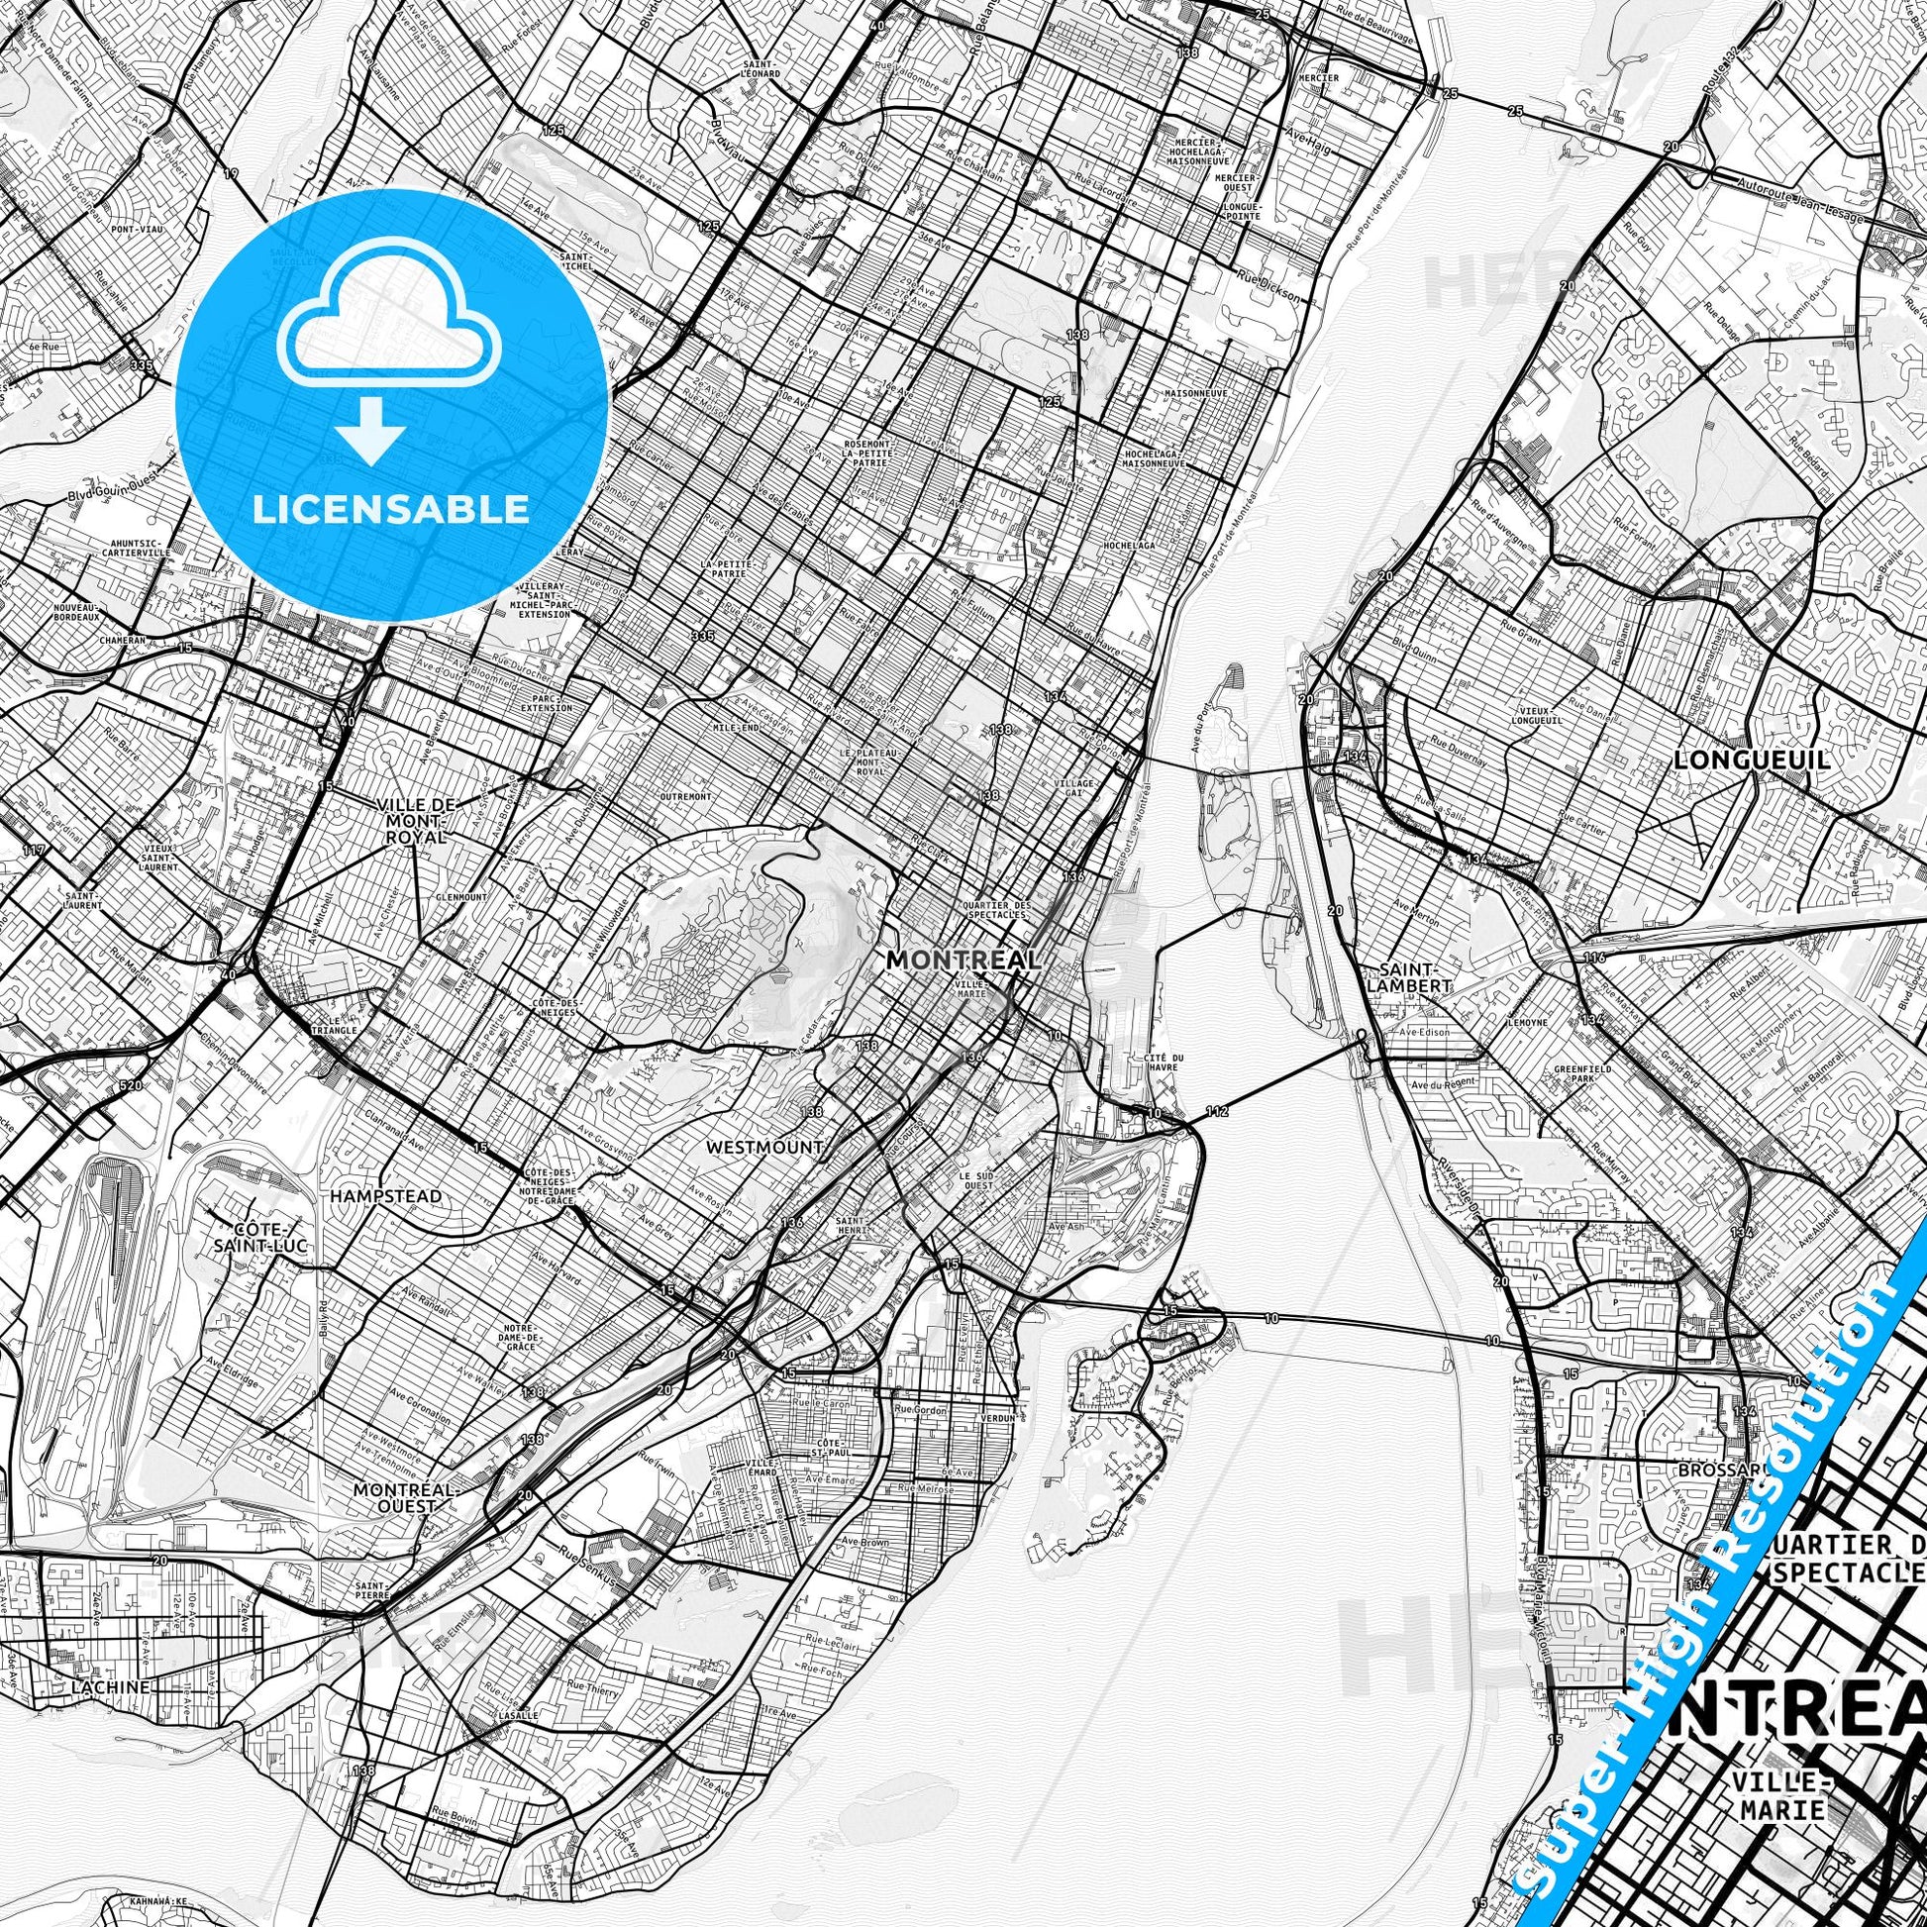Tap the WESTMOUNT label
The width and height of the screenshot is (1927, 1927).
[764, 1147]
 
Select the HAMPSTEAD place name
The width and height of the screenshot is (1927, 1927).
[385, 1195]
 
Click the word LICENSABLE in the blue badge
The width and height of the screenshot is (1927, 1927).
[391, 509]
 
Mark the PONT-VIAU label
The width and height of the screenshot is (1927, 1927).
[137, 230]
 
